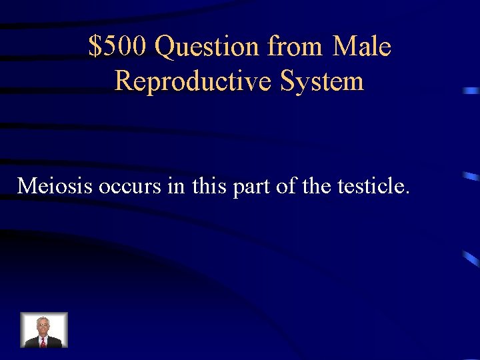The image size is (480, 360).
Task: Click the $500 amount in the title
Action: coord(118,47)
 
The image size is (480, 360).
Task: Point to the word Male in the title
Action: coord(361,47)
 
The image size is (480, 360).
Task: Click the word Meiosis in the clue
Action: coord(55,186)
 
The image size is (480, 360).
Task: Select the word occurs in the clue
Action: coord(130,186)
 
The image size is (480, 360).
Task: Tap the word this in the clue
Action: coord(208,186)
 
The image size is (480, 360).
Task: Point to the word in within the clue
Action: coord(176,186)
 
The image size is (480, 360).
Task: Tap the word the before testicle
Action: coord(315,186)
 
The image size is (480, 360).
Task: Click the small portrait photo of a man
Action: coord(44,330)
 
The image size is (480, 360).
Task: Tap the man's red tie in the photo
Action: coord(43,342)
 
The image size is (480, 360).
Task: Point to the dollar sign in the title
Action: coord(96,47)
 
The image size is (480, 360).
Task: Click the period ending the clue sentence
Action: coord(407,193)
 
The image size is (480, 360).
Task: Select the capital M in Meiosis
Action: coord(27,186)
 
